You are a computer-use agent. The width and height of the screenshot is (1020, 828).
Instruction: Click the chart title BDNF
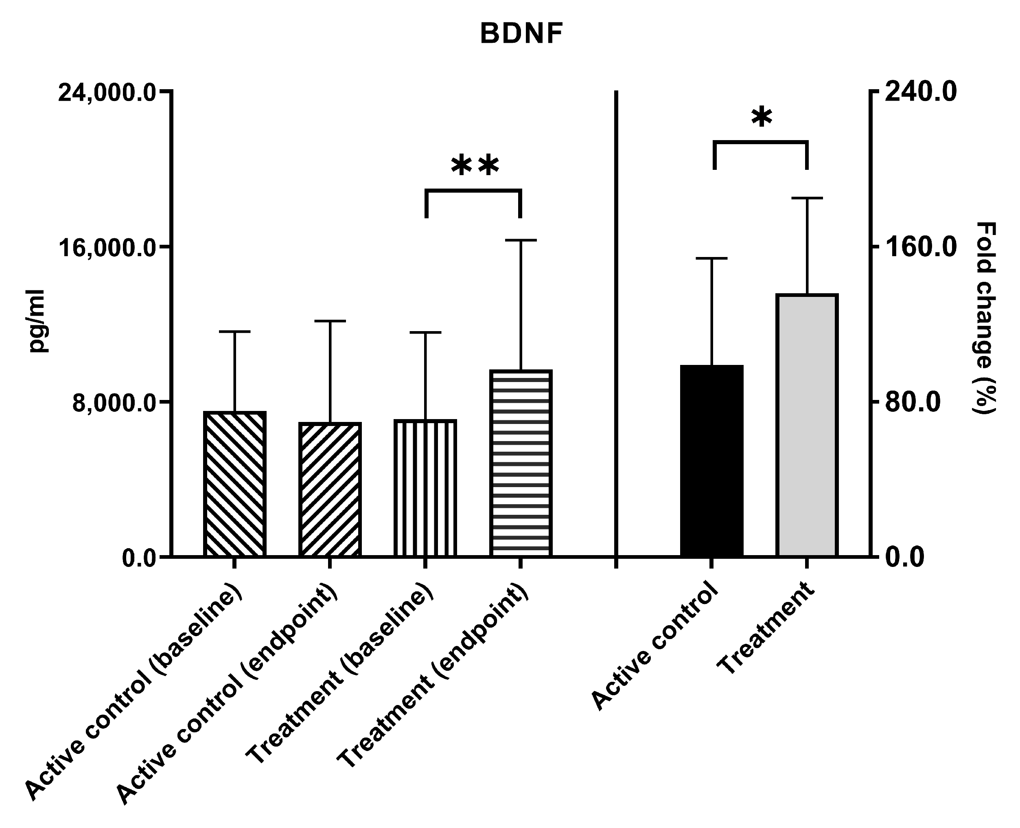coord(521,34)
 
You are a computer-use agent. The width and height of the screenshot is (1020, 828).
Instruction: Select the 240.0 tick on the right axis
coord(920,92)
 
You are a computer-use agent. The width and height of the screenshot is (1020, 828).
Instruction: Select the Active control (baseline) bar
coord(234,484)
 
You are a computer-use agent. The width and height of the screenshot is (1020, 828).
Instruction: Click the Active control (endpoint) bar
coord(330,490)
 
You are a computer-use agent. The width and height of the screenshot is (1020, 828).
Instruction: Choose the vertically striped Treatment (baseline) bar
coord(425,488)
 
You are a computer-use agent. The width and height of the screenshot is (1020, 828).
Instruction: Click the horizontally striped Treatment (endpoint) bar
coord(521,463)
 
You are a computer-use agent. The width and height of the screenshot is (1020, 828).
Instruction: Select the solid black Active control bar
coord(711,461)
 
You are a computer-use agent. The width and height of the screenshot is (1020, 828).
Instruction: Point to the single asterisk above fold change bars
coord(761,117)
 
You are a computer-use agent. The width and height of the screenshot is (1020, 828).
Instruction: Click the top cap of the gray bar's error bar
coord(807,198)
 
